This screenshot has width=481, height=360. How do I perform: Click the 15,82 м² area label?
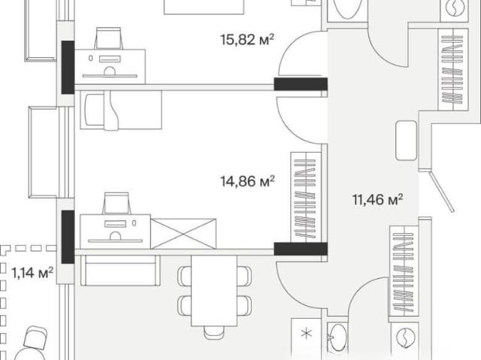[247, 40]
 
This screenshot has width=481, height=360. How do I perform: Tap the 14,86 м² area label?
[247, 181]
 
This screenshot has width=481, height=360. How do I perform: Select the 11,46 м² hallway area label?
[377, 200]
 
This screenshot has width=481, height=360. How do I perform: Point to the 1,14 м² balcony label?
[32, 272]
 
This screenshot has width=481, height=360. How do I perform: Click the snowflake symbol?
[306, 334]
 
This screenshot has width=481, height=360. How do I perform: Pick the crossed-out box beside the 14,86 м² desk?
[183, 234]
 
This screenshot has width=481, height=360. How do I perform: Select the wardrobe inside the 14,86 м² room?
[306, 198]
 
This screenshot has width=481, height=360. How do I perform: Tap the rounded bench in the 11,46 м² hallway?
[406, 141]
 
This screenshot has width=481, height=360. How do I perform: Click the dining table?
[214, 290]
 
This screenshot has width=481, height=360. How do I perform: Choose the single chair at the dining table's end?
[214, 332]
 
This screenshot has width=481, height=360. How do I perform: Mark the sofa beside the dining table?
[120, 270]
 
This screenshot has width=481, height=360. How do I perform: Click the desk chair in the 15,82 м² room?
[108, 38]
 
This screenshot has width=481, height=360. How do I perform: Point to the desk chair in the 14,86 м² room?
[116, 204]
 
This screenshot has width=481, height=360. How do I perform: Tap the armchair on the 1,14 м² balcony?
[35, 337]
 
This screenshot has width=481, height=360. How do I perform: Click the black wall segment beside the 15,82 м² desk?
[68, 67]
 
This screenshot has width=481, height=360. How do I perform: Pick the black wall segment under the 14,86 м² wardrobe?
[301, 249]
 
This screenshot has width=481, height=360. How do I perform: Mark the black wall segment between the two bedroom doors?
[301, 84]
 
